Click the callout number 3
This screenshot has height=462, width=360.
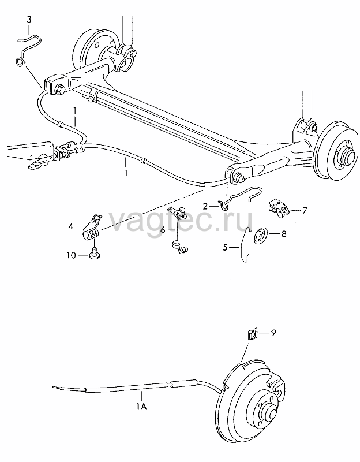tap(29, 20)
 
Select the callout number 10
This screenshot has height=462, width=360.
tap(71, 255)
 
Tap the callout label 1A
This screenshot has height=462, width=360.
tap(141, 407)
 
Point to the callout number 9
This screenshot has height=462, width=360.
tap(273, 333)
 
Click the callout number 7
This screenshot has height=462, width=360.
tap(305, 210)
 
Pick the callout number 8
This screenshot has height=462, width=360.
tap(284, 234)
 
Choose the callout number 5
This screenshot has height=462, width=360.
tap(225, 248)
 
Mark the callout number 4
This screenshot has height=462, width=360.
tap(70, 226)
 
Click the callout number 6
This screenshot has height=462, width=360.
tap(163, 229)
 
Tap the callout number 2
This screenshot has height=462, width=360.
tap(205, 206)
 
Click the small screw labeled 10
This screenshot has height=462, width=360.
tap(94, 254)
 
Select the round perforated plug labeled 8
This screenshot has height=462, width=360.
tap(261, 236)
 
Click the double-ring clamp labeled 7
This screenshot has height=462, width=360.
tap(279, 208)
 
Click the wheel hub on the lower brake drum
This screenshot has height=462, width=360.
tap(269, 412)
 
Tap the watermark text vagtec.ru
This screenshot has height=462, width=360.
tap(181, 219)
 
